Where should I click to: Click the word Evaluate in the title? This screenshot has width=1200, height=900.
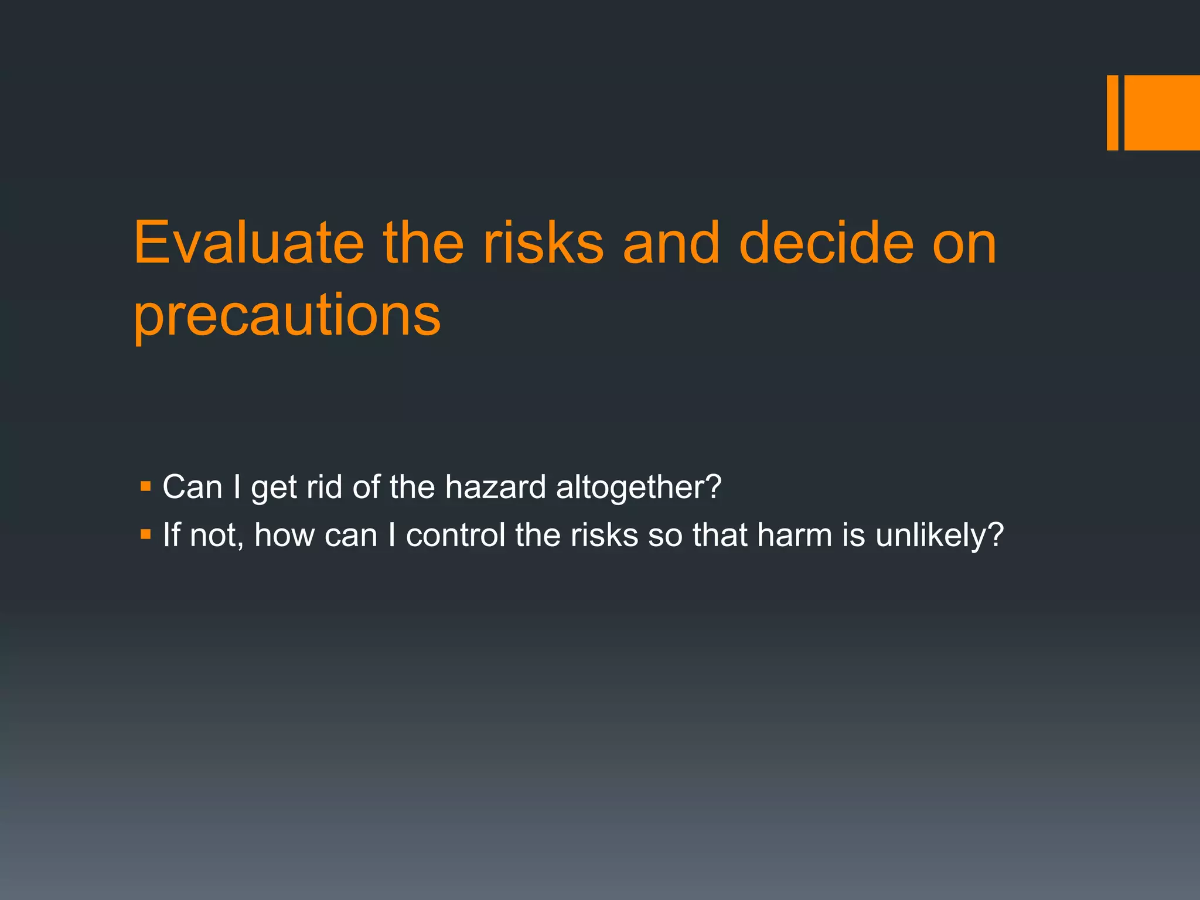[x=248, y=243]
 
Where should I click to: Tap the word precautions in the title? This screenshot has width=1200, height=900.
[x=287, y=316]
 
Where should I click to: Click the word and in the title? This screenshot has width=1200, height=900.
[x=671, y=243]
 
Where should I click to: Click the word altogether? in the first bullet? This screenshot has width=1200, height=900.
[x=639, y=488]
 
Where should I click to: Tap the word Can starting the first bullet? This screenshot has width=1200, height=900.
[x=192, y=487]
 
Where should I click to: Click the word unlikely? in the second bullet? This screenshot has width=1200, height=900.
[x=940, y=536]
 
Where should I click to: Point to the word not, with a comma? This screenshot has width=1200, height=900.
[x=216, y=536]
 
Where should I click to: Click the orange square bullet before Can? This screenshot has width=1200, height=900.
[x=146, y=486]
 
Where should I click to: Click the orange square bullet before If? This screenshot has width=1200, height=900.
[x=146, y=534]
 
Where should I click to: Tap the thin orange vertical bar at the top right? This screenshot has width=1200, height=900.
[x=1112, y=112]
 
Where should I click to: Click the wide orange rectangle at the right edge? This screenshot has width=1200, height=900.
[x=1162, y=112]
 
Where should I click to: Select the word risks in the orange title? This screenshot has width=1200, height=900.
[x=543, y=243]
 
